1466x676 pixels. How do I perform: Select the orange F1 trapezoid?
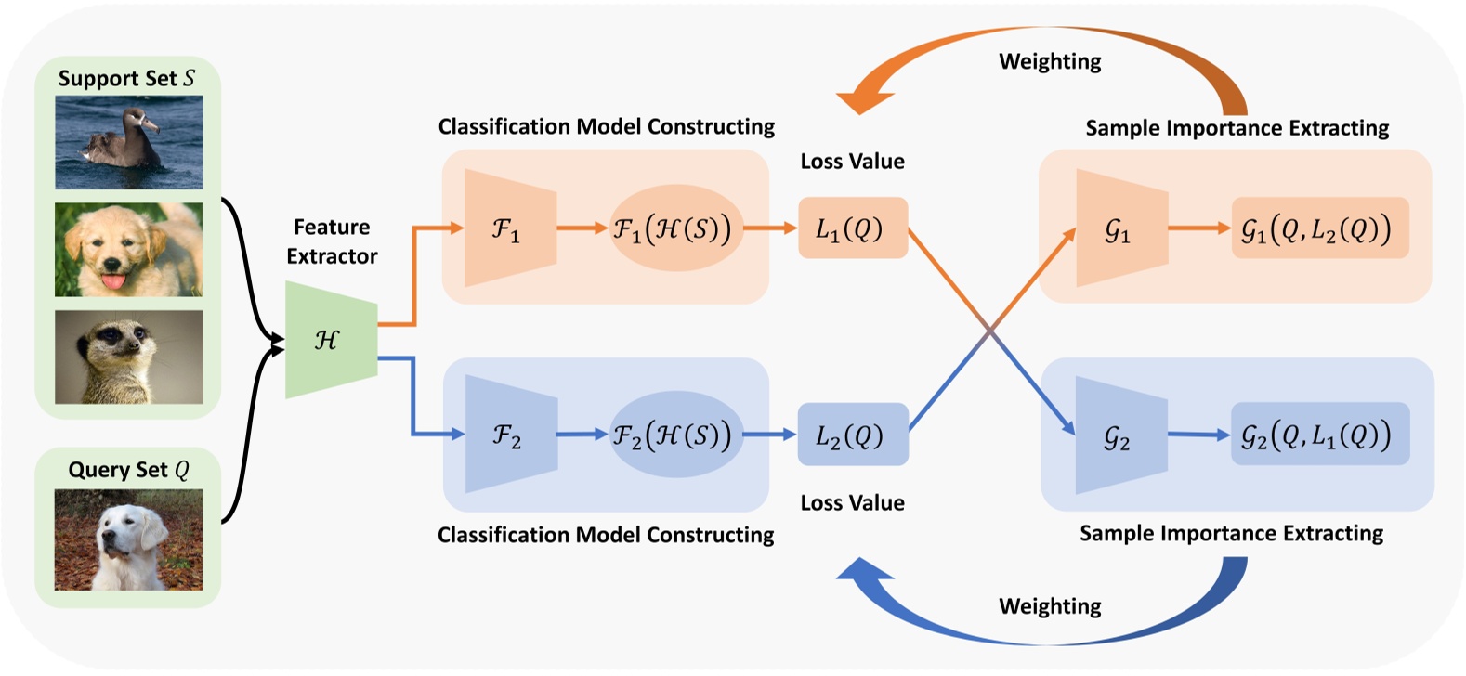point(509,227)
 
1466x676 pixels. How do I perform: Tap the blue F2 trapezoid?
point(510,435)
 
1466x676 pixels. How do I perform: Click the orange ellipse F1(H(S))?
point(675,228)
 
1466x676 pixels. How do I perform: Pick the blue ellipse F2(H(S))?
point(675,435)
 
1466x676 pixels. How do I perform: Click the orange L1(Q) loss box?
point(852,228)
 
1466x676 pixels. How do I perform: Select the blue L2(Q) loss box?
point(852,435)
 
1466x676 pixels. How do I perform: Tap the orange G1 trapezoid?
point(1120,228)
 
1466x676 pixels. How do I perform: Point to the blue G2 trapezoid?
point(1120,435)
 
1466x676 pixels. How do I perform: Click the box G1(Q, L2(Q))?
point(1319,228)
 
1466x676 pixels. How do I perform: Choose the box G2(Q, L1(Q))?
point(1319,435)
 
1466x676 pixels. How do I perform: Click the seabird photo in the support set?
point(128,142)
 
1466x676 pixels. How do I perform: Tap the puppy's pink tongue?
point(113,280)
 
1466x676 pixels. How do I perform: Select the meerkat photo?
point(128,357)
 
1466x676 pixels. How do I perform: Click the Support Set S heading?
point(127,79)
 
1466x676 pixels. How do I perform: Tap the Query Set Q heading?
point(128,470)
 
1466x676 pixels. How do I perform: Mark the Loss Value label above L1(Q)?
point(852,162)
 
